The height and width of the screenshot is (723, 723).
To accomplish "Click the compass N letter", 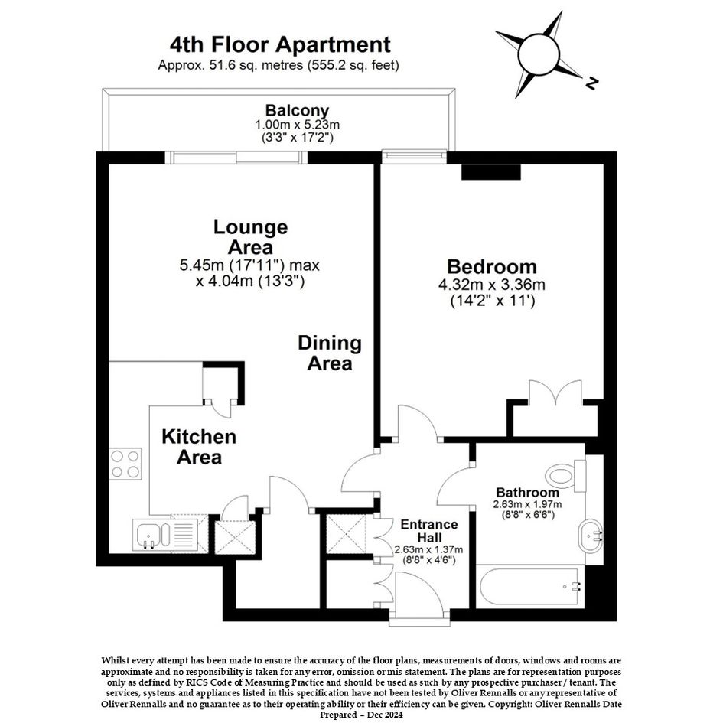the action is pos(591,83).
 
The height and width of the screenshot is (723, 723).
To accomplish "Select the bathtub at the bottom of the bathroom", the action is pos(529,588).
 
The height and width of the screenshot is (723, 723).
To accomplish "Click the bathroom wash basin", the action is pos(591,536).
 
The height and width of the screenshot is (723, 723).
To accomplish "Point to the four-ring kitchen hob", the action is pos(125,464).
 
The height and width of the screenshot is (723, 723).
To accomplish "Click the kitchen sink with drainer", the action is pos(165,535).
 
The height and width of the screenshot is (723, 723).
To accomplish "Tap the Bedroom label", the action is pos(492,266).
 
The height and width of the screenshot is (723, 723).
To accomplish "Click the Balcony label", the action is pos(297,111).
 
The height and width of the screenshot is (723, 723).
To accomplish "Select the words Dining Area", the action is pos(330,353).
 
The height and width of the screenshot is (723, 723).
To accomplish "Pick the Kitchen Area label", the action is pos(199,447).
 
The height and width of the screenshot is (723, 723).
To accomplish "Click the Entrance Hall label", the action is pos(428,531).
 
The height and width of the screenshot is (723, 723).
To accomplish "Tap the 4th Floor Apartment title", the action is pos(280,44).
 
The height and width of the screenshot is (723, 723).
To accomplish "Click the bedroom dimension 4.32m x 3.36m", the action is pos(492,285).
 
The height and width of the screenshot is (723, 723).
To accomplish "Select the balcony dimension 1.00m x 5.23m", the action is pos(298,125).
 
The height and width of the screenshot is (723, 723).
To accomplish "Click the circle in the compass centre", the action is pos(539,54).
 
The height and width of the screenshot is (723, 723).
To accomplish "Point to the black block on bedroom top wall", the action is pos(491,172).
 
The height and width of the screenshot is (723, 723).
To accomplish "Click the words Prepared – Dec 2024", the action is pos(361,715).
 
